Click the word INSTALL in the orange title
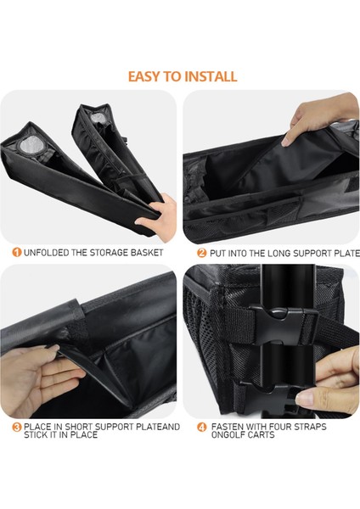[211, 76]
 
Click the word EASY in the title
[144, 76]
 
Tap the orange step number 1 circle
[17, 252]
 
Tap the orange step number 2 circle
[202, 253]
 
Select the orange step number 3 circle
[17, 427]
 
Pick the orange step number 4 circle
[202, 428]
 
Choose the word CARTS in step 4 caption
[262, 434]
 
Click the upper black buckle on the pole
[284, 326]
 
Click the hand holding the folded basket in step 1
[157, 217]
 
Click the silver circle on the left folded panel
[30, 144]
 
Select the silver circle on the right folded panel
[97, 118]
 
